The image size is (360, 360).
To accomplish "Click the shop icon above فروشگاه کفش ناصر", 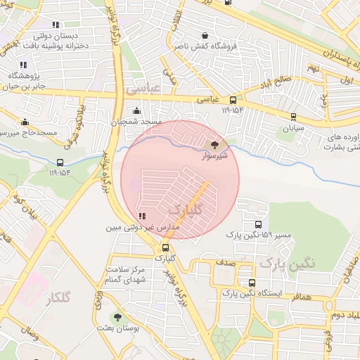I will click(x=205, y=36).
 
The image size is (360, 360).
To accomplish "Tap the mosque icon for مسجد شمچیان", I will click(x=136, y=111).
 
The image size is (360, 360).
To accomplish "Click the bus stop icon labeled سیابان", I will click(x=293, y=117).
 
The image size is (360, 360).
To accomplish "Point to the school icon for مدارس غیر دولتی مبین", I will click(x=143, y=217).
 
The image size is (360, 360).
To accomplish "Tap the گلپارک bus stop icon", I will click(x=166, y=247).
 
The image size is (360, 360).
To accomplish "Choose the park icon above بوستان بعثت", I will click(x=117, y=317).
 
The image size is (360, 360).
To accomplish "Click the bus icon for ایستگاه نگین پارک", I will click(x=252, y=283).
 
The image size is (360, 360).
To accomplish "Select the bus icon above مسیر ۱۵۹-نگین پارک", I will click(x=258, y=224).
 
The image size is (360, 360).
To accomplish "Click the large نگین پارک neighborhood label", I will click(x=287, y=263).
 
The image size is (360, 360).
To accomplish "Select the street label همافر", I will click(x=298, y=297).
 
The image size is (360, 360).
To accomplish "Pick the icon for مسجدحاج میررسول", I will click(x=25, y=122).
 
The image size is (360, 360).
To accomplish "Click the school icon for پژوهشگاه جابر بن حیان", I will click(x=24, y=65).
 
